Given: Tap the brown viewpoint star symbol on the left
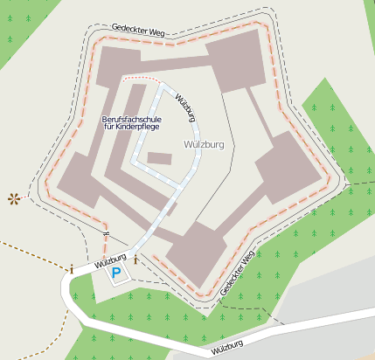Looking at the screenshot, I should point(13,198).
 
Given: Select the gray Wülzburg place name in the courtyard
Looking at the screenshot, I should point(205,144).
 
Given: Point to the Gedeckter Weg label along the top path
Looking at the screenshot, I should point(138,31).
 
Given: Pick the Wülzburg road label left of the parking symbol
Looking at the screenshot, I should point(110,258).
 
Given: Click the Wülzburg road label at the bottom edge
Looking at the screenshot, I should point(226,348).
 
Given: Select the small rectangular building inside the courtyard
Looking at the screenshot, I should point(160,158).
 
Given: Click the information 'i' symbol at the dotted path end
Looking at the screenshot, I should point(72,269).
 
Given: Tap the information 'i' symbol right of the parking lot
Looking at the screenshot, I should point(136,260).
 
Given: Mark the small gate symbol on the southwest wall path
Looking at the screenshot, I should point(106,233).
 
